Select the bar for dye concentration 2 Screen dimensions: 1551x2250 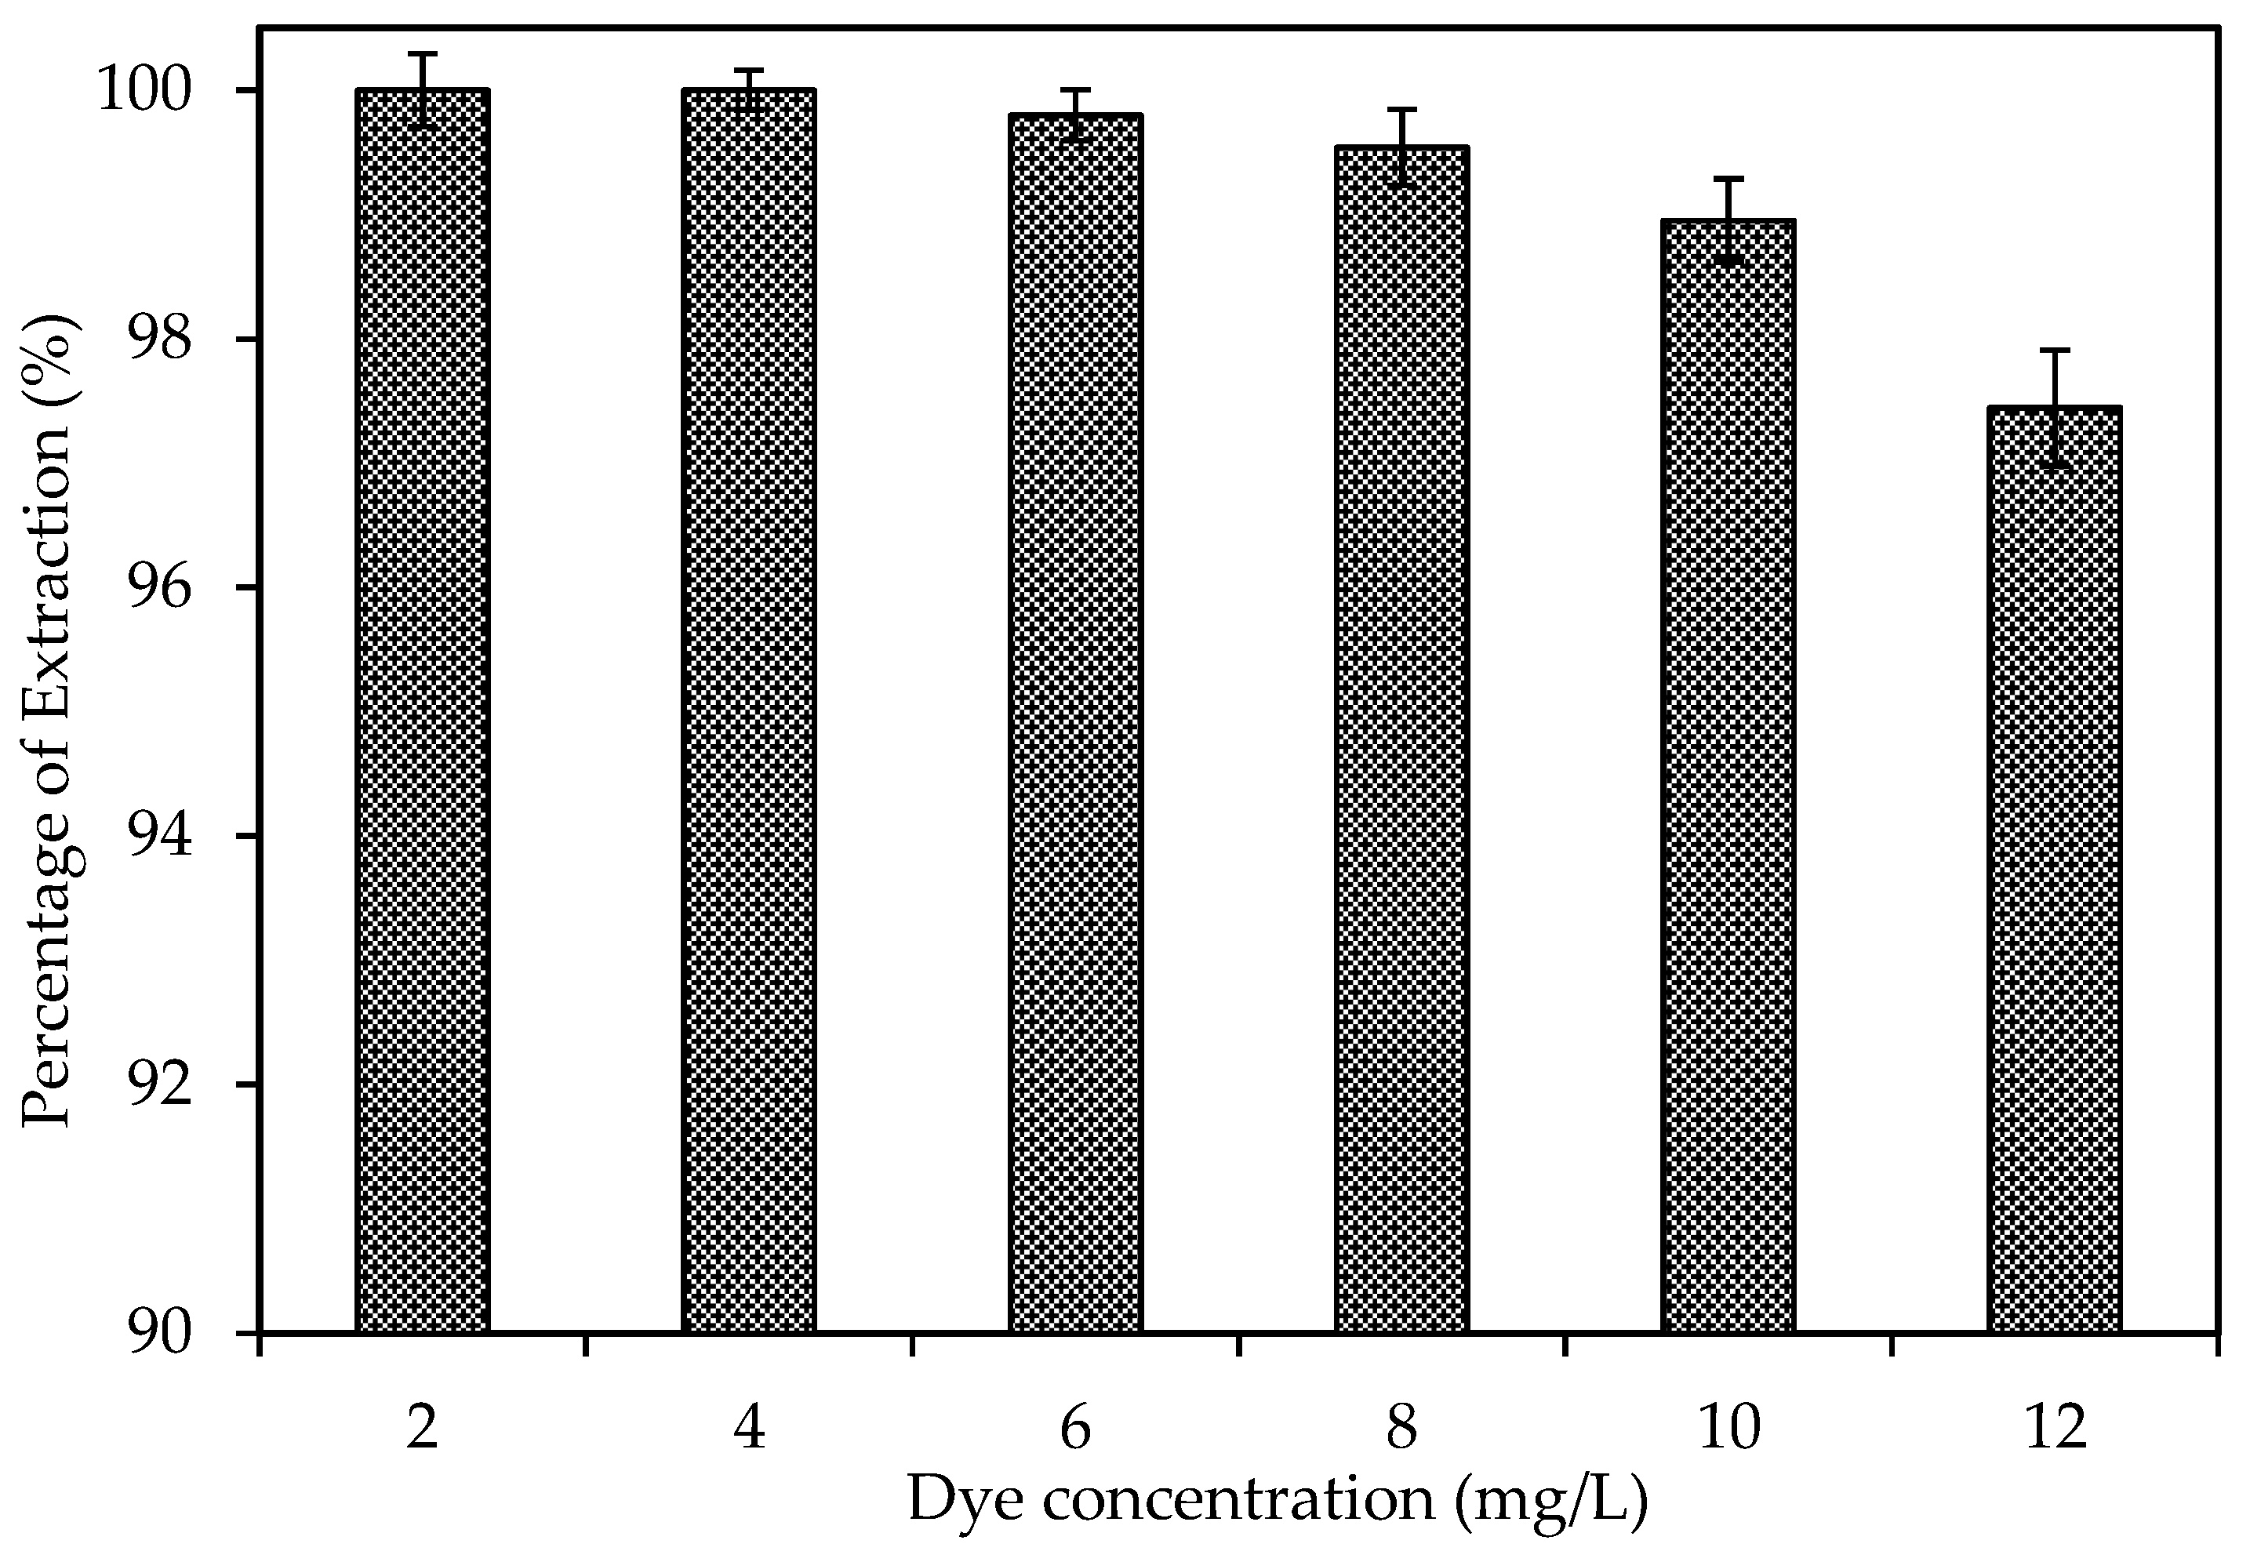422,710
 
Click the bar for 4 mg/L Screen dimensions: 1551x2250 748,710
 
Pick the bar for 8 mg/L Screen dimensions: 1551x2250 1401,739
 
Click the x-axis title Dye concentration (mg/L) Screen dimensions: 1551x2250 1277,1499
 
